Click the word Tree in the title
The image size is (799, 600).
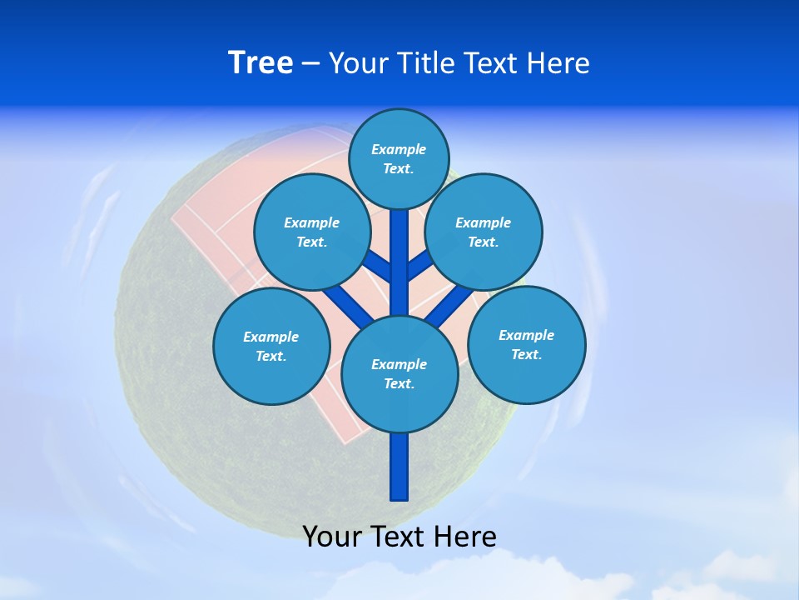click(x=261, y=63)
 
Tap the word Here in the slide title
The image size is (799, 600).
click(x=558, y=63)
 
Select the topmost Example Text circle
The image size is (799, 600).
click(x=399, y=158)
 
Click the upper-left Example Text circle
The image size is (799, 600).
click(x=311, y=232)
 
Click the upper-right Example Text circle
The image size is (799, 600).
click(x=484, y=232)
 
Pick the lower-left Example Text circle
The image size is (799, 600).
click(x=271, y=346)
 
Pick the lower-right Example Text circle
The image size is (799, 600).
click(x=526, y=344)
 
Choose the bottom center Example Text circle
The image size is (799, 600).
click(x=399, y=373)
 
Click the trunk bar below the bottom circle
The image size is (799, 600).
click(x=399, y=467)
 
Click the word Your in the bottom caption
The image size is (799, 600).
click(x=331, y=536)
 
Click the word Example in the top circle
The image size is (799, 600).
click(x=399, y=150)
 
